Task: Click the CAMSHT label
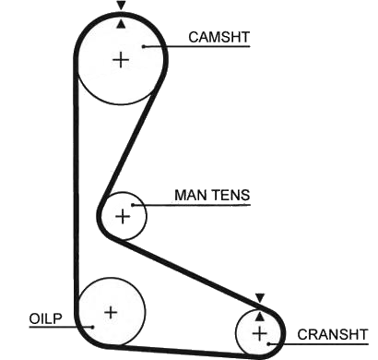(219, 37)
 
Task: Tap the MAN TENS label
(212, 195)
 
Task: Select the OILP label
(45, 318)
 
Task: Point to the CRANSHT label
(333, 334)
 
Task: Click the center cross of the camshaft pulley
(121, 60)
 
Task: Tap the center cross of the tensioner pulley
(123, 216)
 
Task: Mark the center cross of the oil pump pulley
(111, 313)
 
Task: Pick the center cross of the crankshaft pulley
(260, 334)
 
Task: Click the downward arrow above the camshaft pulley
(122, 6)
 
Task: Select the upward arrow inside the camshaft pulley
(122, 24)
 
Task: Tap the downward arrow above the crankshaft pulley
(260, 298)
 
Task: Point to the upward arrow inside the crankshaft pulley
(260, 317)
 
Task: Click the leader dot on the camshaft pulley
(144, 46)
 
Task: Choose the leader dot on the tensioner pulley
(133, 205)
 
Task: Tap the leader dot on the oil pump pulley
(92, 327)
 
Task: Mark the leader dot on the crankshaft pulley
(268, 343)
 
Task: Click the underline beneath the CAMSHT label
(197, 46)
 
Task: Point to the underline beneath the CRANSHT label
(318, 343)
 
